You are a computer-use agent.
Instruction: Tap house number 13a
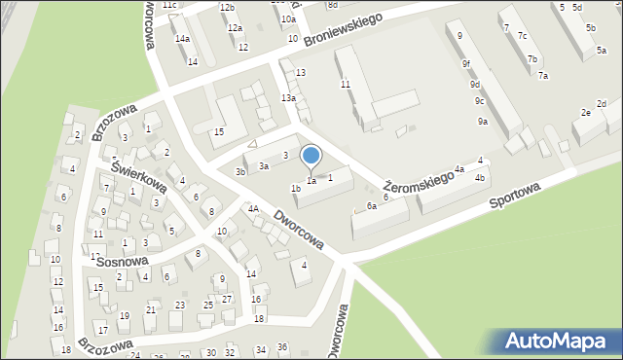click(288, 98)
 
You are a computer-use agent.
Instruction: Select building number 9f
click(466, 64)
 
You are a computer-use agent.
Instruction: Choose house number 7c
click(523, 36)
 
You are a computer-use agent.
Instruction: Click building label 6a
click(371, 206)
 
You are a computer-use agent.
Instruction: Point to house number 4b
click(479, 178)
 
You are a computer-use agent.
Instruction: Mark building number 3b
click(239, 172)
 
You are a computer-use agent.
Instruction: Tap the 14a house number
click(182, 39)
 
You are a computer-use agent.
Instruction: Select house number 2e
click(586, 113)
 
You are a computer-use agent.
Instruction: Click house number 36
click(282, 347)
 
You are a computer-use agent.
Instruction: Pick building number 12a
click(235, 28)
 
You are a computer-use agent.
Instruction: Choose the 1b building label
click(295, 189)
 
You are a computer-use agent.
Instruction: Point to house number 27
click(227, 299)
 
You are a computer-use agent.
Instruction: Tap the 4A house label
click(252, 208)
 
